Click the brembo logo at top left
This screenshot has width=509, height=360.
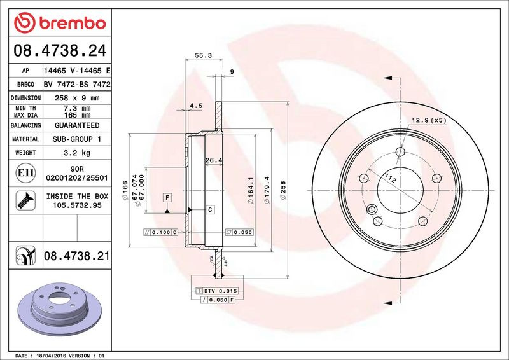tap(60, 23)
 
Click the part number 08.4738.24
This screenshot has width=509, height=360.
tap(60, 51)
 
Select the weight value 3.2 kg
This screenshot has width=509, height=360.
tap(77, 153)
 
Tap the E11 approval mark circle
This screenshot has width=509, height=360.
tap(25, 173)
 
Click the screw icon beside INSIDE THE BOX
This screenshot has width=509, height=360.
tap(25, 200)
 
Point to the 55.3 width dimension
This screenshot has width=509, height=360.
tap(203, 55)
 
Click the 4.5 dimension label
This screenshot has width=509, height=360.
tap(196, 106)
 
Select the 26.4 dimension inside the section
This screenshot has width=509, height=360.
tap(214, 160)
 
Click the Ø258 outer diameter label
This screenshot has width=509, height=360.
tap(283, 190)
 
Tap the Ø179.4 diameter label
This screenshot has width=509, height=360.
tap(267, 190)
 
